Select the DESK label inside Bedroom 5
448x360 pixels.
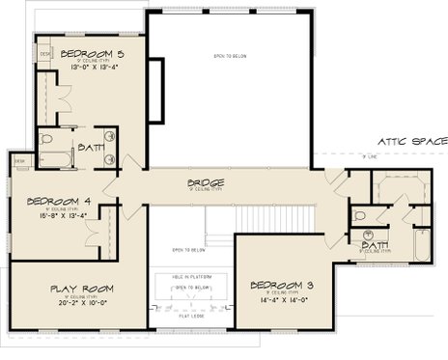(45, 54)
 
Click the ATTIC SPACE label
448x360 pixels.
(412, 141)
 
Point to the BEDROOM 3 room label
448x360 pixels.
(283, 285)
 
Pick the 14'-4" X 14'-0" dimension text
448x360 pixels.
(283, 299)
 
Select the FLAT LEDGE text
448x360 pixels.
(190, 315)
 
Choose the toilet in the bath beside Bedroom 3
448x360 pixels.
(359, 216)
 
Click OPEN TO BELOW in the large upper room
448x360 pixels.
(231, 56)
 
